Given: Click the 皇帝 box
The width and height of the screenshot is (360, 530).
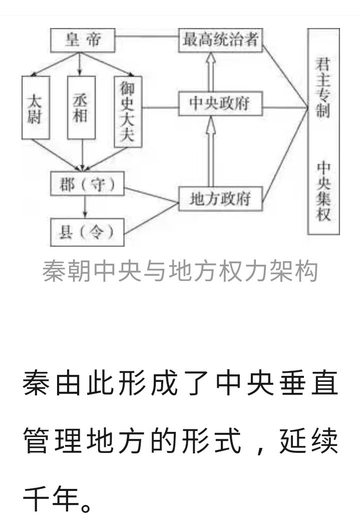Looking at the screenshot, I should point(83,40).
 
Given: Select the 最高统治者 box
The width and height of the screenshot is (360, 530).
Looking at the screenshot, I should point(220,40).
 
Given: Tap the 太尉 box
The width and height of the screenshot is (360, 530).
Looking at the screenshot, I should point(36,107).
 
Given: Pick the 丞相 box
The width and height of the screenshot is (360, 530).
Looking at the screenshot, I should point(81,107).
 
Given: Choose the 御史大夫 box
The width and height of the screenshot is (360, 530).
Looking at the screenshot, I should point(128,111).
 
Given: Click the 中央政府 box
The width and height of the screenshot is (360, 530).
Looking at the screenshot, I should point(220,105).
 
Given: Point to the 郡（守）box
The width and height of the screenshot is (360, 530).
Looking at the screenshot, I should point(88,185).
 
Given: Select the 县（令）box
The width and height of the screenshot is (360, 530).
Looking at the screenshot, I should point(88,232).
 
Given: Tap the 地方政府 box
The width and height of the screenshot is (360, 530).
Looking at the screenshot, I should point(220,199).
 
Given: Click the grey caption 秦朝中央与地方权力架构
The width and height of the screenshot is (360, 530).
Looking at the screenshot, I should point(180,272).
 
